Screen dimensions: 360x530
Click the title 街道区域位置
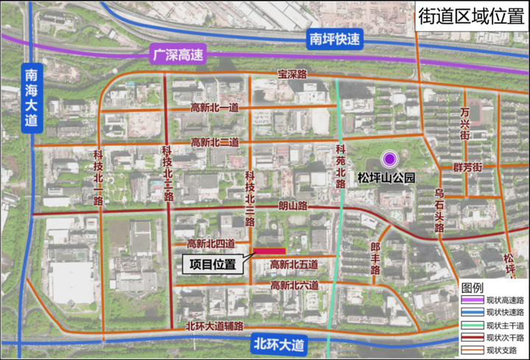click(x=470, y=16)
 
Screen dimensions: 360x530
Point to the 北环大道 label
click(x=278, y=344)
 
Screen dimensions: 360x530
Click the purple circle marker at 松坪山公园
click(x=389, y=158)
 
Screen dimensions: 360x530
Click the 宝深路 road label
click(x=291, y=74)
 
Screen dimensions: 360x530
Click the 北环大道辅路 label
click(x=214, y=325)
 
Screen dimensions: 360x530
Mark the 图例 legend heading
click(x=472, y=287)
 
